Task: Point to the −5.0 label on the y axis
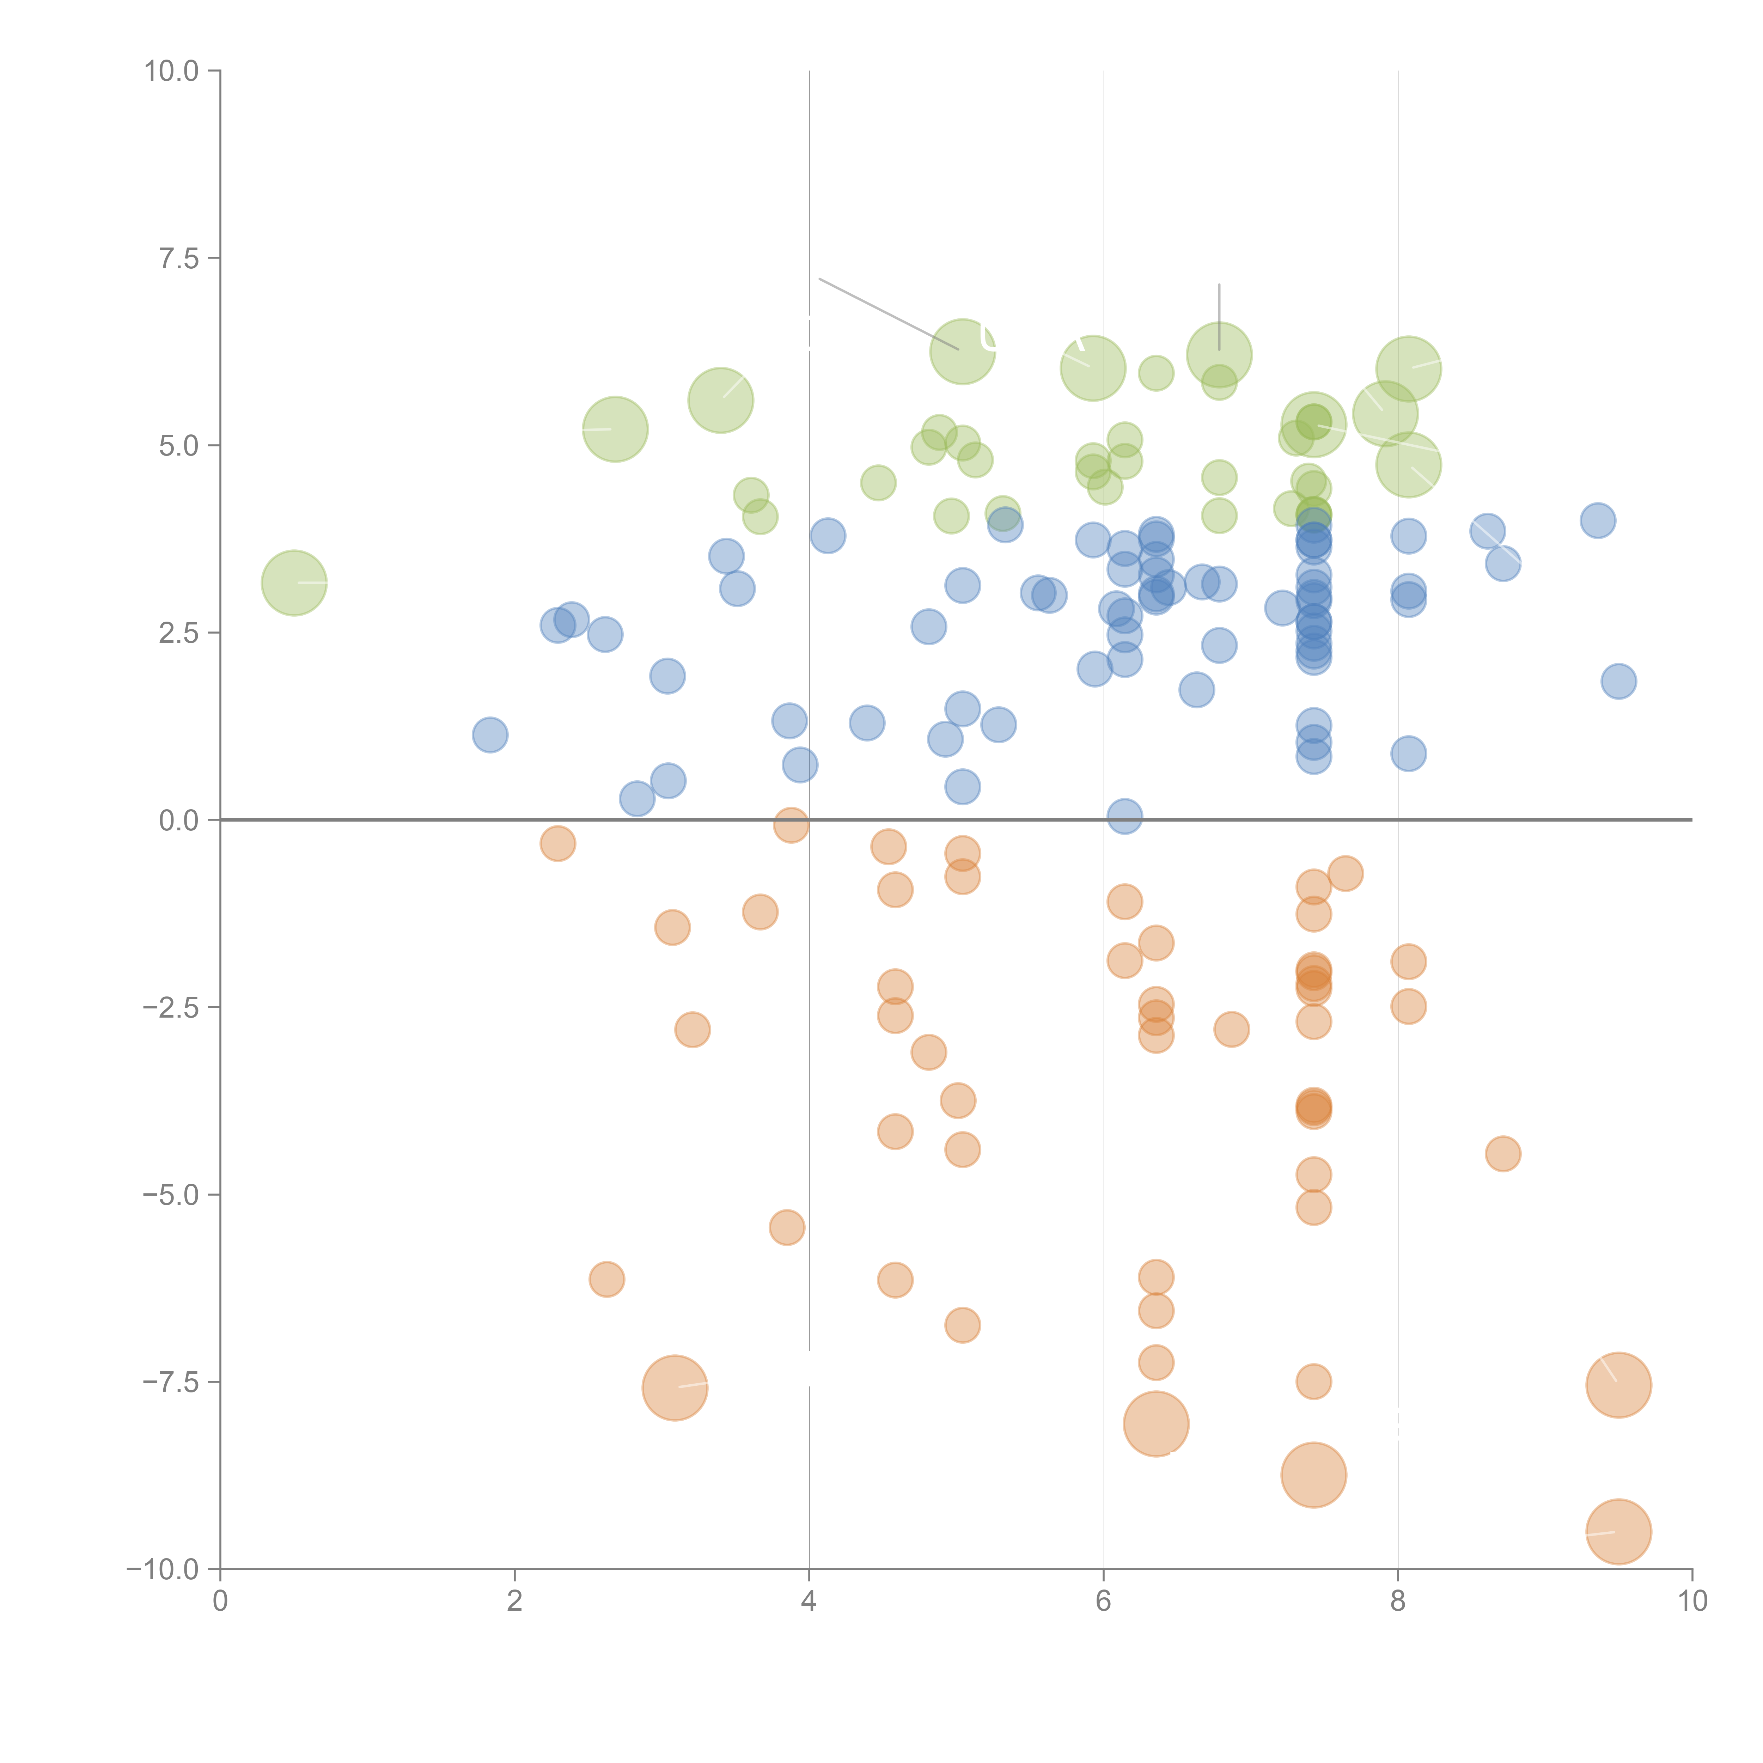click(x=171, y=1195)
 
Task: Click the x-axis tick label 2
click(x=515, y=1603)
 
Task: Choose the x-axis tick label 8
click(x=1398, y=1603)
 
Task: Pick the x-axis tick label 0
click(x=220, y=1603)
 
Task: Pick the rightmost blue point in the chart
click(x=1618, y=681)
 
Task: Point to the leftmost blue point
click(x=490, y=734)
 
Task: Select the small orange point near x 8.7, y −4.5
click(x=1503, y=1154)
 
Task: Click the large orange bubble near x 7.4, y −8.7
click(x=1313, y=1476)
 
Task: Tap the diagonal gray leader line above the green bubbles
click(x=888, y=313)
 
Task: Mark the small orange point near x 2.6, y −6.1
click(x=607, y=1279)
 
